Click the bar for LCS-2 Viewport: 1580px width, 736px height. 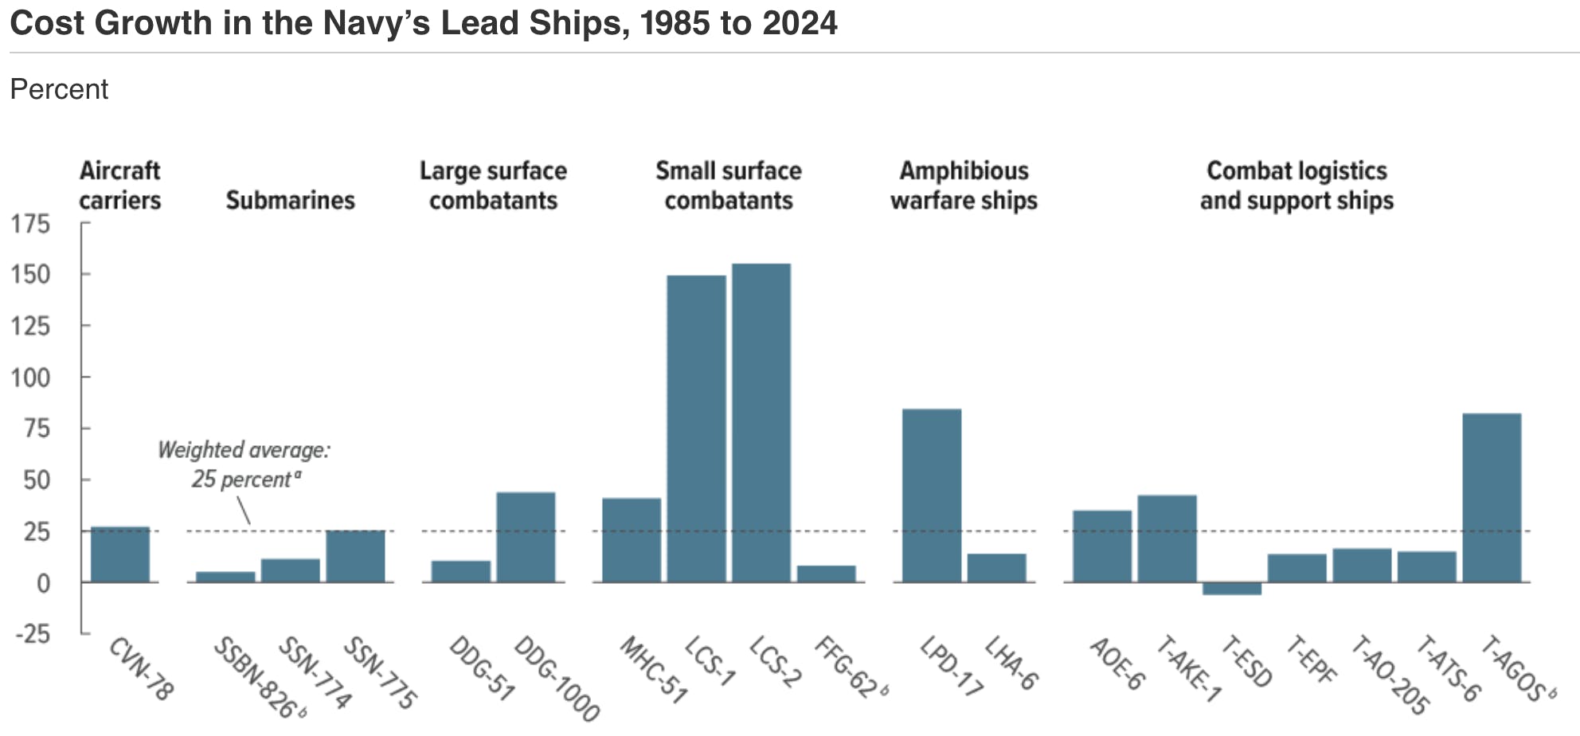point(761,422)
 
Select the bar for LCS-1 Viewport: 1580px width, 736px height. point(696,429)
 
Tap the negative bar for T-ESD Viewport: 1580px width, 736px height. point(1232,589)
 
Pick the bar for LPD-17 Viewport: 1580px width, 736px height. point(932,495)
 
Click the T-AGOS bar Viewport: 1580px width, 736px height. point(1492,498)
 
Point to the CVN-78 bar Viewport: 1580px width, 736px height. point(120,554)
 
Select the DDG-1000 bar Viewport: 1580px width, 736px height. point(526,537)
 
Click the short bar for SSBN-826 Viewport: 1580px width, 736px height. point(225,577)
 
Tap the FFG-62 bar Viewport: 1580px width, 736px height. point(827,574)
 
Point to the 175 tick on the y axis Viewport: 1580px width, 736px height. point(30,224)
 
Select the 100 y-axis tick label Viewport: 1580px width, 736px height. point(30,378)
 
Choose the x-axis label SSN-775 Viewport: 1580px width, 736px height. point(380,672)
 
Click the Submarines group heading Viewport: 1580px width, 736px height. point(290,200)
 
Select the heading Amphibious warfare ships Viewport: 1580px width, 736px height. point(964,186)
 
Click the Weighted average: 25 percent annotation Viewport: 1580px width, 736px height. point(244,464)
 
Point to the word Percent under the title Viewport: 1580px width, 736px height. point(59,89)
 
